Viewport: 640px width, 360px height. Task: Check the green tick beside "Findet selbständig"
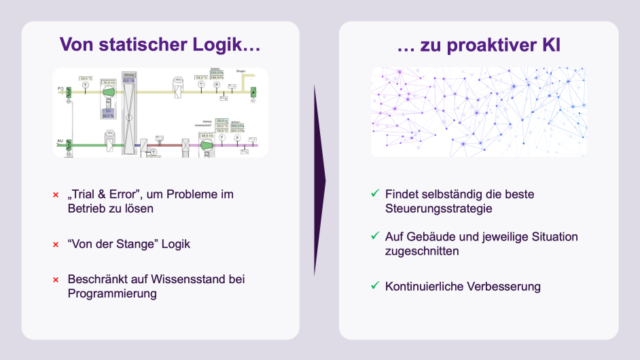pyautogui.click(x=374, y=194)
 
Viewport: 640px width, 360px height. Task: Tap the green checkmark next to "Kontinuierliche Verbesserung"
pyautogui.click(x=374, y=285)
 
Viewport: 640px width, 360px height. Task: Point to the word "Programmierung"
pyautogui.click(x=112, y=293)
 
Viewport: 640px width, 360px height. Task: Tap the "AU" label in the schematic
pyautogui.click(x=60, y=141)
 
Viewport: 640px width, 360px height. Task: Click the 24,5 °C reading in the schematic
pyautogui.click(x=86, y=79)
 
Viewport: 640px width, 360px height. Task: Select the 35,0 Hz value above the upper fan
pyautogui.click(x=109, y=82)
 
